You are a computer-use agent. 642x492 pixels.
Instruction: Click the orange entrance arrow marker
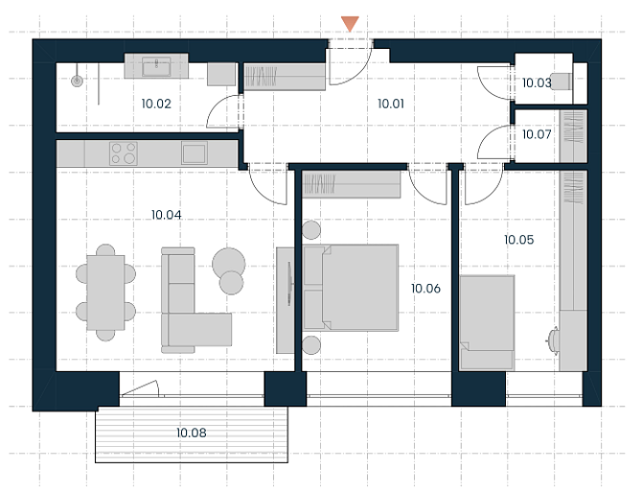(x=350, y=23)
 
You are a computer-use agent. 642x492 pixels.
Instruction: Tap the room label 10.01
(x=391, y=104)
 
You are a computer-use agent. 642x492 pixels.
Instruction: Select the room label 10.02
(x=156, y=104)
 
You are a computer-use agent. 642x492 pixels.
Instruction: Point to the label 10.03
(x=537, y=82)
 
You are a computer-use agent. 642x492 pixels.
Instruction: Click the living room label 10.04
(x=166, y=215)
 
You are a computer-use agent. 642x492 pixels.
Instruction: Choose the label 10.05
(x=518, y=240)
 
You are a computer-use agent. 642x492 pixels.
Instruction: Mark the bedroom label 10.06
(x=425, y=289)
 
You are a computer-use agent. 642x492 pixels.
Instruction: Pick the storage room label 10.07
(x=537, y=134)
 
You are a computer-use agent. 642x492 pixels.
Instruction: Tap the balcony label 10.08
(x=192, y=433)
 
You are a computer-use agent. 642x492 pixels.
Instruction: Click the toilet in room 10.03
(x=561, y=82)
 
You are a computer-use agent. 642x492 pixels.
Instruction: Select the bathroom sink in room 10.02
(x=156, y=66)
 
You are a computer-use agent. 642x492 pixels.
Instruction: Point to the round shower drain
(x=77, y=81)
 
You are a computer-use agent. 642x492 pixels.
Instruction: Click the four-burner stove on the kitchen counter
(x=124, y=153)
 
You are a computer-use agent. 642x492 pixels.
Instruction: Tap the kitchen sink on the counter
(x=195, y=153)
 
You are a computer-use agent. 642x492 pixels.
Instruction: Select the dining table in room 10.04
(x=105, y=293)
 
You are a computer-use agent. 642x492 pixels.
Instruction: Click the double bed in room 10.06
(x=351, y=288)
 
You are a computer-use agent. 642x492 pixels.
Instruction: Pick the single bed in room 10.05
(x=487, y=323)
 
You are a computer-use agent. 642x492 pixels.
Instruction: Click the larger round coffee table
(x=228, y=264)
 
